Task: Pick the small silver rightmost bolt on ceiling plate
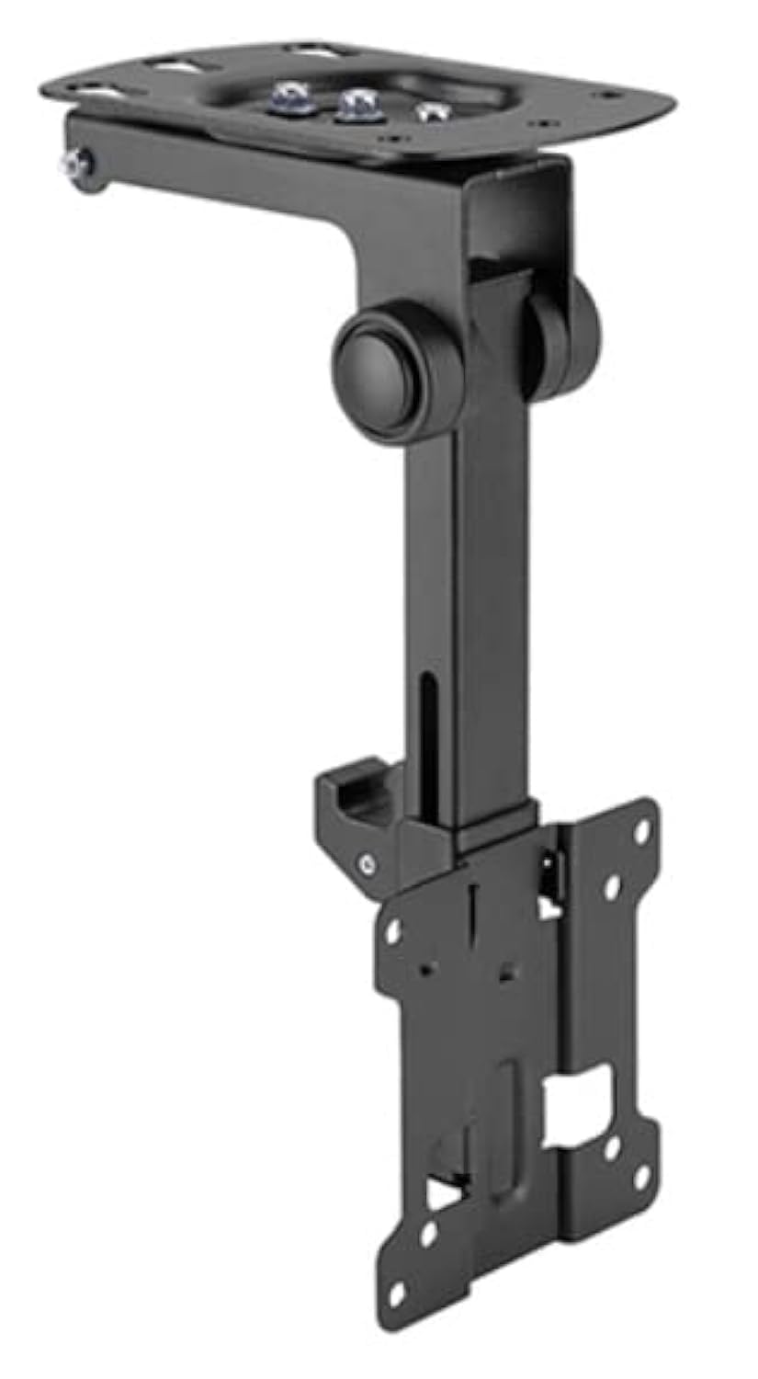pos(426,112)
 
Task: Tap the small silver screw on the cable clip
pos(368,862)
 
